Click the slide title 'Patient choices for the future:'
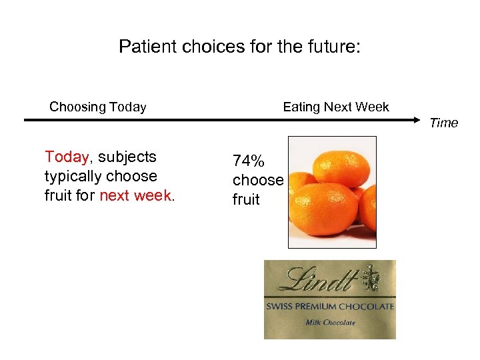pos(239,47)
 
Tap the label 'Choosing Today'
pos(98,107)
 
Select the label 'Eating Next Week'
pos(336,107)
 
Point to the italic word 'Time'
pos(443,123)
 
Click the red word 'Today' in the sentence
pos(66,157)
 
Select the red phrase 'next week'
pos(135,196)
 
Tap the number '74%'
pos(248,161)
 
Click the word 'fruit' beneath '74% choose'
pos(246,199)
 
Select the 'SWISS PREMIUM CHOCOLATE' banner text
pos(330,307)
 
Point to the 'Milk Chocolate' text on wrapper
pos(330,323)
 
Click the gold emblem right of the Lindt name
pos(371,278)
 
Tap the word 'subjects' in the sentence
pos(127,157)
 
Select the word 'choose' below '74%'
pos(258,180)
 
